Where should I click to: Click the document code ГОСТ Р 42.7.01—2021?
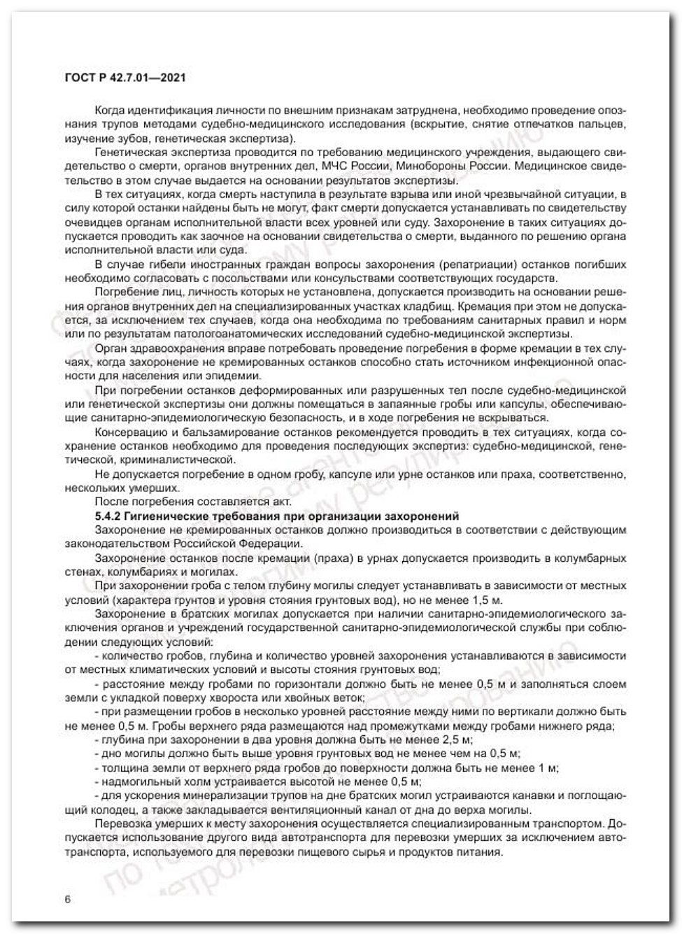coord(125,78)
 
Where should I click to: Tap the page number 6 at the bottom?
coord(67,899)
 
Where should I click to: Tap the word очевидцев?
coord(89,222)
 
